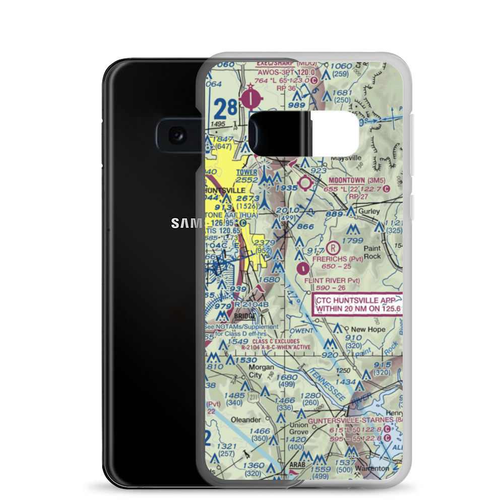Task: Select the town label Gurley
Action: (369, 211)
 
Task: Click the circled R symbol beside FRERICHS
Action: (332, 247)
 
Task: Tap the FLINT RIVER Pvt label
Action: (332, 280)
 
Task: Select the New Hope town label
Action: (368, 329)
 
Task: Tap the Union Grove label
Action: (298, 428)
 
